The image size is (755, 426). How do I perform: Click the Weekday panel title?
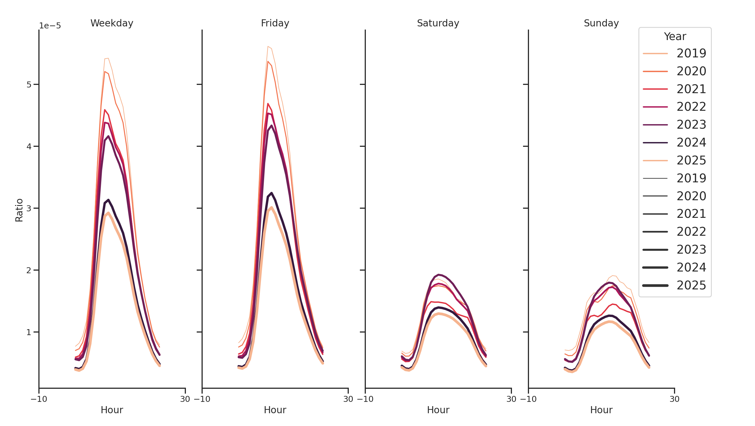coord(112,23)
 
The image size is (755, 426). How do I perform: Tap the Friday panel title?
coord(275,23)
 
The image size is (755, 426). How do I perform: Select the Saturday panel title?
coord(438,23)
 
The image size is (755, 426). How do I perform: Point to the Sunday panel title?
coord(601,23)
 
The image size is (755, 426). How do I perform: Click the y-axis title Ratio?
coord(19,210)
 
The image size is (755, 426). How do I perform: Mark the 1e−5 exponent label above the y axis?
coord(50,26)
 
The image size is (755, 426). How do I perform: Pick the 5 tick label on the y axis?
coord(29,85)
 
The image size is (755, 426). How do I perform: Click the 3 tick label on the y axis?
coord(29,208)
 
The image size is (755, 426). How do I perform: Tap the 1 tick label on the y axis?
coord(29,332)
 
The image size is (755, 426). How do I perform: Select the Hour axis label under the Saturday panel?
coord(438,410)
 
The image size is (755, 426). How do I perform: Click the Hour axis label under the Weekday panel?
coord(112,410)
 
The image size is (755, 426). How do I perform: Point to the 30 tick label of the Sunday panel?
coord(674,399)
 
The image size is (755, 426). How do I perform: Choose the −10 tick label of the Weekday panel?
coord(39,399)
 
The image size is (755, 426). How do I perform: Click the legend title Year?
coord(675,37)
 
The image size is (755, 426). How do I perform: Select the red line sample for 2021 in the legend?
coord(655,89)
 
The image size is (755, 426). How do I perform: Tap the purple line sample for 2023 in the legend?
coord(655,125)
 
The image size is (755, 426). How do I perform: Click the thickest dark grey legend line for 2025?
coord(655,285)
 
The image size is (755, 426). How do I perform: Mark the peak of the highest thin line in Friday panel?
coord(268,46)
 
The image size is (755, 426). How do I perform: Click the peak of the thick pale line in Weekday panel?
coord(108,213)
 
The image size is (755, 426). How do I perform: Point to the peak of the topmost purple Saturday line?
coord(438,275)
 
